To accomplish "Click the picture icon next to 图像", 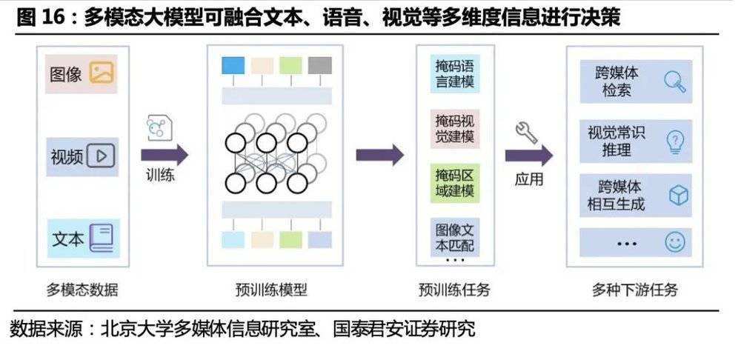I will coord(102,73).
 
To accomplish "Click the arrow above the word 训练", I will coord(165,156).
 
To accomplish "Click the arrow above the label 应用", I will coord(528,156).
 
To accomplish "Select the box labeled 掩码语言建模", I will coord(455,73).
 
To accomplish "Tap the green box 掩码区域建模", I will coord(455,183).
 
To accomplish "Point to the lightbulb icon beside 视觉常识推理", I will coord(675,141).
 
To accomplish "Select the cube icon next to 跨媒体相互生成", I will coord(678,196).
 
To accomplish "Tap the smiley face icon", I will coord(674,242).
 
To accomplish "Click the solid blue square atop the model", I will coord(233,65).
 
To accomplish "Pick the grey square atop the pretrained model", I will coord(320,65).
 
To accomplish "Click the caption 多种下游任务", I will coord(635,289).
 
